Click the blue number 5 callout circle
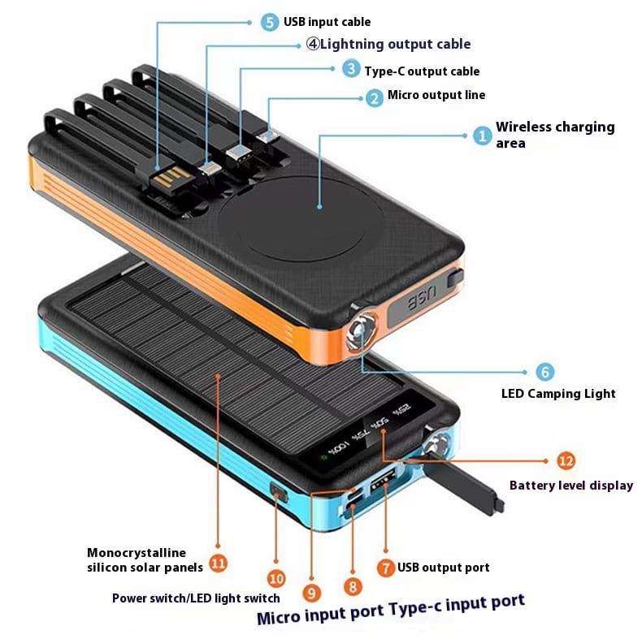[x=270, y=22]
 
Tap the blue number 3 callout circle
[x=350, y=70]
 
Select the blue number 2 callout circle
[x=374, y=97]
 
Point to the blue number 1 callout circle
[x=483, y=136]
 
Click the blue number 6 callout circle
[x=545, y=372]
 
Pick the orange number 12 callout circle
[x=566, y=460]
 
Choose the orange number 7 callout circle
[x=386, y=567]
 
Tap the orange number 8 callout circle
[x=352, y=584]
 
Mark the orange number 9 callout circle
[x=313, y=592]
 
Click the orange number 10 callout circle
[x=276, y=578]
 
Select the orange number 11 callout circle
[x=218, y=562]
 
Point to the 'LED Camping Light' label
[x=558, y=394]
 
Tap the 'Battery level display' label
[x=570, y=486]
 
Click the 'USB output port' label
[x=443, y=568]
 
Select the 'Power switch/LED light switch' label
[x=196, y=598]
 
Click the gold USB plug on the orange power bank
[x=173, y=177]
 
